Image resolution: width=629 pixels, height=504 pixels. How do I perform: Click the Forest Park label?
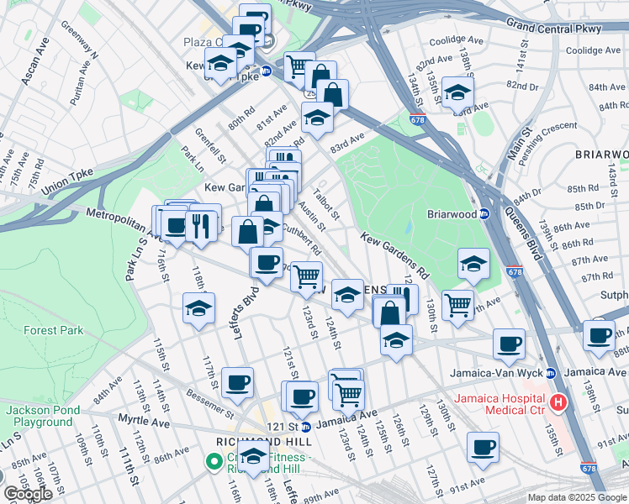pyautogui.click(x=54, y=330)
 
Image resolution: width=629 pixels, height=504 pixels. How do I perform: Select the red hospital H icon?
pyautogui.click(x=557, y=403)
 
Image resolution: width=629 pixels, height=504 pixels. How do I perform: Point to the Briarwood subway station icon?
pyautogui.click(x=484, y=213)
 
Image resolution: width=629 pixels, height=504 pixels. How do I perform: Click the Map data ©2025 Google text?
pyautogui.click(x=577, y=497)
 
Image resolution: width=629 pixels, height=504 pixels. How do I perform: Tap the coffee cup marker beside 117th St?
pyautogui.click(x=237, y=382)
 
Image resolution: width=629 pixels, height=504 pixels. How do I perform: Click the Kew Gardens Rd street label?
pyautogui.click(x=395, y=255)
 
